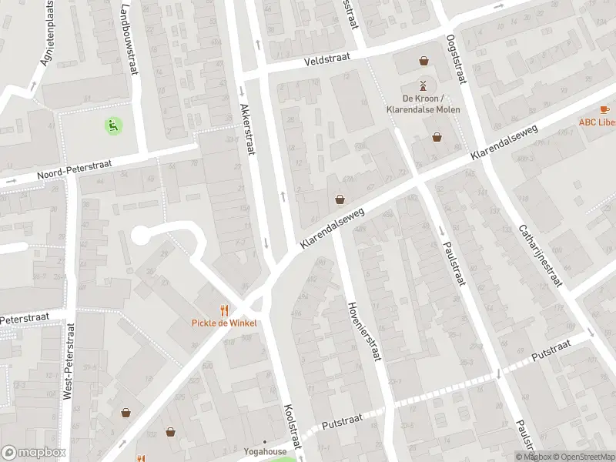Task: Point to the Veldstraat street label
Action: tap(327, 59)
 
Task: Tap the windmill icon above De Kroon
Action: tap(423, 85)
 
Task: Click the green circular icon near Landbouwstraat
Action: tap(113, 125)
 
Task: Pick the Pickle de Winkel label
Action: tap(224, 323)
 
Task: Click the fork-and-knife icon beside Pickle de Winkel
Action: tap(224, 310)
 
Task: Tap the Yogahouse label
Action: tap(265, 452)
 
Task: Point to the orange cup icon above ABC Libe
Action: tap(604, 109)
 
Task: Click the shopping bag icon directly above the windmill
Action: tap(423, 61)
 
